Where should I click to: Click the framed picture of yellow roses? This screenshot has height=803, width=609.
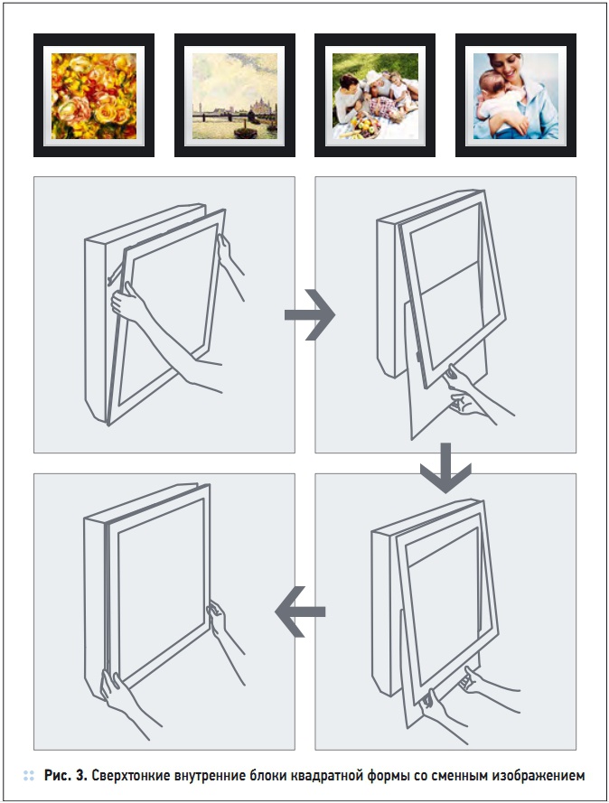click(x=94, y=95)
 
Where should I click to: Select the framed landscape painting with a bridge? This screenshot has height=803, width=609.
click(x=235, y=95)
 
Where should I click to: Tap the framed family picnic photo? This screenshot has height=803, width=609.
click(x=375, y=95)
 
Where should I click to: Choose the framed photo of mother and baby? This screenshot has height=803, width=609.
click(x=516, y=95)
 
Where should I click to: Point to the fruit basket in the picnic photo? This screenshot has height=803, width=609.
click(x=365, y=126)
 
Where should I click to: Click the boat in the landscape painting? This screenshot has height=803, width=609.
click(x=245, y=132)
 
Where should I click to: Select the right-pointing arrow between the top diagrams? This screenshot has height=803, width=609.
click(x=310, y=314)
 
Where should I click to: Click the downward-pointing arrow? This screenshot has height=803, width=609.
click(x=445, y=468)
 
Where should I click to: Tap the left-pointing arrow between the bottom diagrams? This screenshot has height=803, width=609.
click(x=300, y=612)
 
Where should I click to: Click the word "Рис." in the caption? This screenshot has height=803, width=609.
click(x=58, y=775)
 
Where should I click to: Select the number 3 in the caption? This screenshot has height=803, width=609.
click(x=81, y=775)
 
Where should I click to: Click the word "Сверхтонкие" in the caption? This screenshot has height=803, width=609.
click(x=130, y=775)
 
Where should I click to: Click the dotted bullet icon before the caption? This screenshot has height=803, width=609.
click(x=29, y=775)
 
